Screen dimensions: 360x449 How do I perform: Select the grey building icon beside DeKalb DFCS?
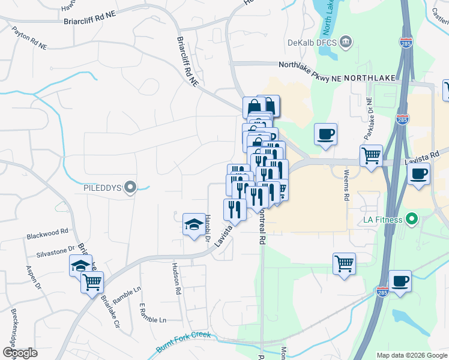pyautogui.click(x=346, y=42)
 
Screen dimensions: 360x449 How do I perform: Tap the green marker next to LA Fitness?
pyautogui.click(x=411, y=220)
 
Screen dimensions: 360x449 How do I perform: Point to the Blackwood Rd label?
pyautogui.click(x=47, y=233)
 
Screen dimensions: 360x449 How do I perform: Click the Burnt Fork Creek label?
pyautogui.click(x=184, y=340)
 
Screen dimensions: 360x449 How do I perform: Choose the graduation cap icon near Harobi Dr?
pyautogui.click(x=193, y=224)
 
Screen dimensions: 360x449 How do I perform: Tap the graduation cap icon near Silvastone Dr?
pyautogui.click(x=80, y=265)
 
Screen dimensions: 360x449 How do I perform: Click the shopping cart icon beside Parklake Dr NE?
pyautogui.click(x=372, y=156)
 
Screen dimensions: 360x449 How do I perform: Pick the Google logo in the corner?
pyautogui.click(x=19, y=353)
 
